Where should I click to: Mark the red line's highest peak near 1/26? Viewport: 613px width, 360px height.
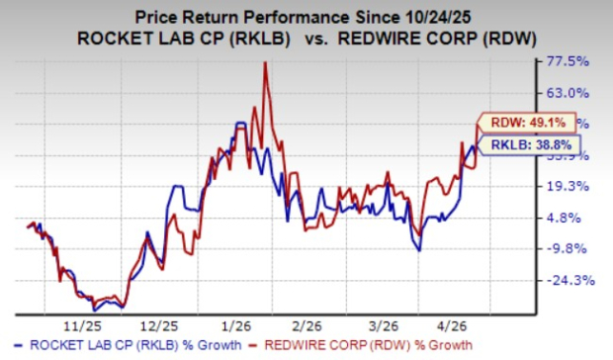(264, 62)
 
